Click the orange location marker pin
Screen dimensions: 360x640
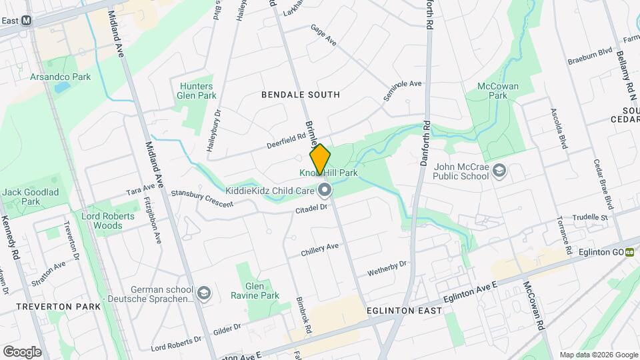coord(320,159)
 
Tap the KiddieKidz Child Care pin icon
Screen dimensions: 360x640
coord(325,191)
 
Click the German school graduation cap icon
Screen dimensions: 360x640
coord(203,293)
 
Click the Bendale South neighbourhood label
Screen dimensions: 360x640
coord(301,95)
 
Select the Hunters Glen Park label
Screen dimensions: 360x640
coord(197,91)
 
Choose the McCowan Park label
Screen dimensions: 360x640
coord(494,91)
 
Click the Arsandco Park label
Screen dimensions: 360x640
coord(60,77)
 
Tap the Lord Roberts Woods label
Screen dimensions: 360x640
coord(102,221)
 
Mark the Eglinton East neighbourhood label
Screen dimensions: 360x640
coord(404,311)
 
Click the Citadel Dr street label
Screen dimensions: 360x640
coord(311,209)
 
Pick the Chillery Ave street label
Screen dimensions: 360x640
coord(320,250)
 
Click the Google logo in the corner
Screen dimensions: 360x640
coord(22,351)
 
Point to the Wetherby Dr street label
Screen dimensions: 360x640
coord(387,269)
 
